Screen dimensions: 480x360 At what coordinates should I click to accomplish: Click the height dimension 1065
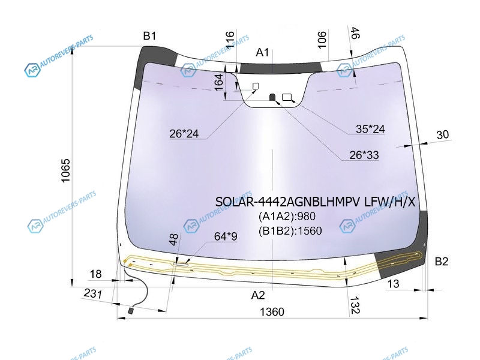(65, 170)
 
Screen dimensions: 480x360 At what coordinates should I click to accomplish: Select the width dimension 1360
(272, 312)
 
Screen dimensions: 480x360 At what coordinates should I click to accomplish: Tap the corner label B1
(149, 36)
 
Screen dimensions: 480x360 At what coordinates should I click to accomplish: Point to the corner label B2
(442, 262)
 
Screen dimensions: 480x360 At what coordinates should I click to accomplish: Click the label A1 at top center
(262, 52)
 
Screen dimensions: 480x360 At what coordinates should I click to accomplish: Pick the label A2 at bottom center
(258, 295)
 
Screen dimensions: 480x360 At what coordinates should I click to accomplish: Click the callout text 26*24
(184, 134)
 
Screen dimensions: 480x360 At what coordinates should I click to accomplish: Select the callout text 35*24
(370, 129)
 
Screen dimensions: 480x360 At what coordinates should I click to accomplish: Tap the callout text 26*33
(364, 155)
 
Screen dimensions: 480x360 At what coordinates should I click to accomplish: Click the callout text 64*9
(226, 236)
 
